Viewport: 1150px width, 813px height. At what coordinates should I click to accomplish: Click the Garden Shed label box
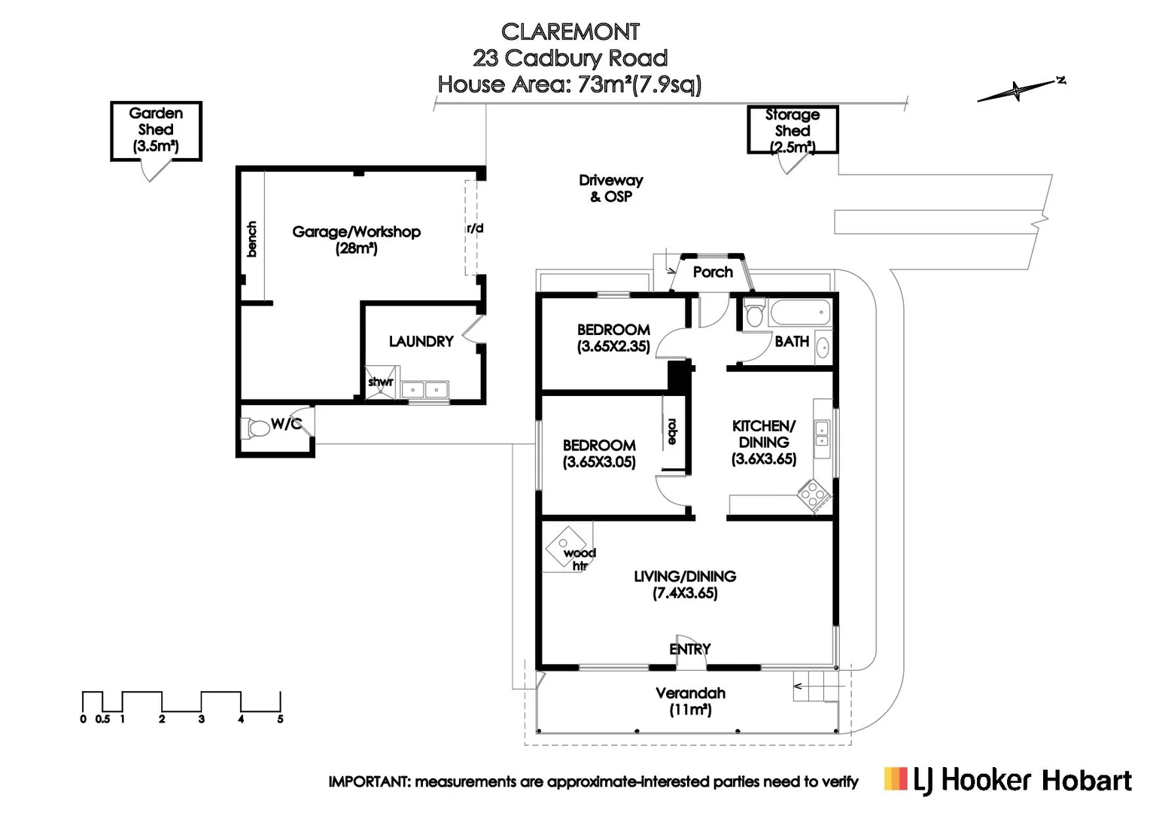[156, 131]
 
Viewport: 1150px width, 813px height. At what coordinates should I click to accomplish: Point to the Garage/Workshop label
[356, 240]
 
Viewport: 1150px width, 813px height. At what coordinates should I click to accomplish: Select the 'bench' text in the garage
[251, 239]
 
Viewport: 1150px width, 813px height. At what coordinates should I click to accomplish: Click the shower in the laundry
[380, 382]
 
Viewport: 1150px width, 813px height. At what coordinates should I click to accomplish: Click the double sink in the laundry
[424, 390]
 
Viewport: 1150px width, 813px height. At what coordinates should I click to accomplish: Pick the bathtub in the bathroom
[800, 312]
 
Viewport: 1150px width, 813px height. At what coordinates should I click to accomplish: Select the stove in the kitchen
[814, 495]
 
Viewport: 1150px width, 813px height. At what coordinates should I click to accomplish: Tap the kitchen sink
[822, 433]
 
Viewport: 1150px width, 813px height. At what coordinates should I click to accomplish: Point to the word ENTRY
[690, 649]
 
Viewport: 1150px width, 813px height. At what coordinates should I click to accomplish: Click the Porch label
[713, 273]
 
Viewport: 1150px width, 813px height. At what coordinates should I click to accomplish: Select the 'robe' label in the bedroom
[672, 431]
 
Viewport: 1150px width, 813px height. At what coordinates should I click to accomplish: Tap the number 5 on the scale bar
[280, 719]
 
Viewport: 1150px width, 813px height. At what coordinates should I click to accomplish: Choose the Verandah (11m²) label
[690, 702]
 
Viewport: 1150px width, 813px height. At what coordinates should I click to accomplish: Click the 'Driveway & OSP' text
[611, 188]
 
